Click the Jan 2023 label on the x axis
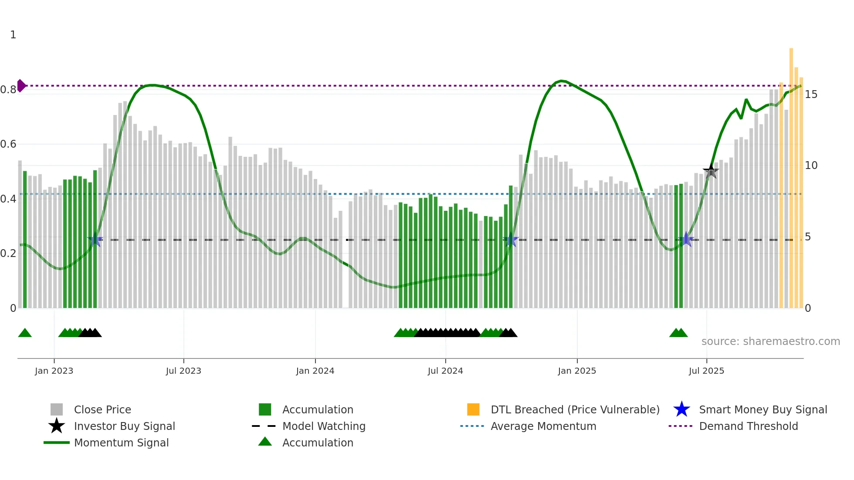(x=54, y=371)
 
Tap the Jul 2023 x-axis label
(x=183, y=371)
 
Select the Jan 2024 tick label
(x=315, y=371)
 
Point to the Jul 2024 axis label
(x=445, y=371)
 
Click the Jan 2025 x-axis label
(x=577, y=371)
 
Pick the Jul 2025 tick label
(x=706, y=371)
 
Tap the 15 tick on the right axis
(x=811, y=95)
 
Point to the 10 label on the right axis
(x=811, y=166)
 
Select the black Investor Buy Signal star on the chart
(x=711, y=171)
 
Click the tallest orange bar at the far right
(x=791, y=174)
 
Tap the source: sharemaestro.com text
(x=770, y=341)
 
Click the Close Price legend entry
(x=102, y=409)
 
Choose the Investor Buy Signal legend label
(x=124, y=426)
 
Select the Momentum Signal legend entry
(x=121, y=443)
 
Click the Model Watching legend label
(x=324, y=426)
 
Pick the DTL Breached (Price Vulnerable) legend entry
(x=575, y=409)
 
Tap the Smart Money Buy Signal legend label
(x=763, y=409)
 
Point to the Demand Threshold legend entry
(x=748, y=426)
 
